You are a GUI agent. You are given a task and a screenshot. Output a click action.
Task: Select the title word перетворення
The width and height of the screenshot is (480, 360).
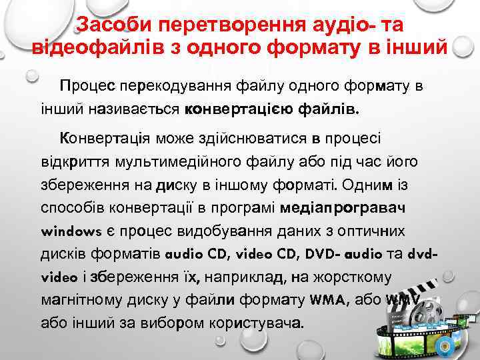(x=224, y=25)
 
